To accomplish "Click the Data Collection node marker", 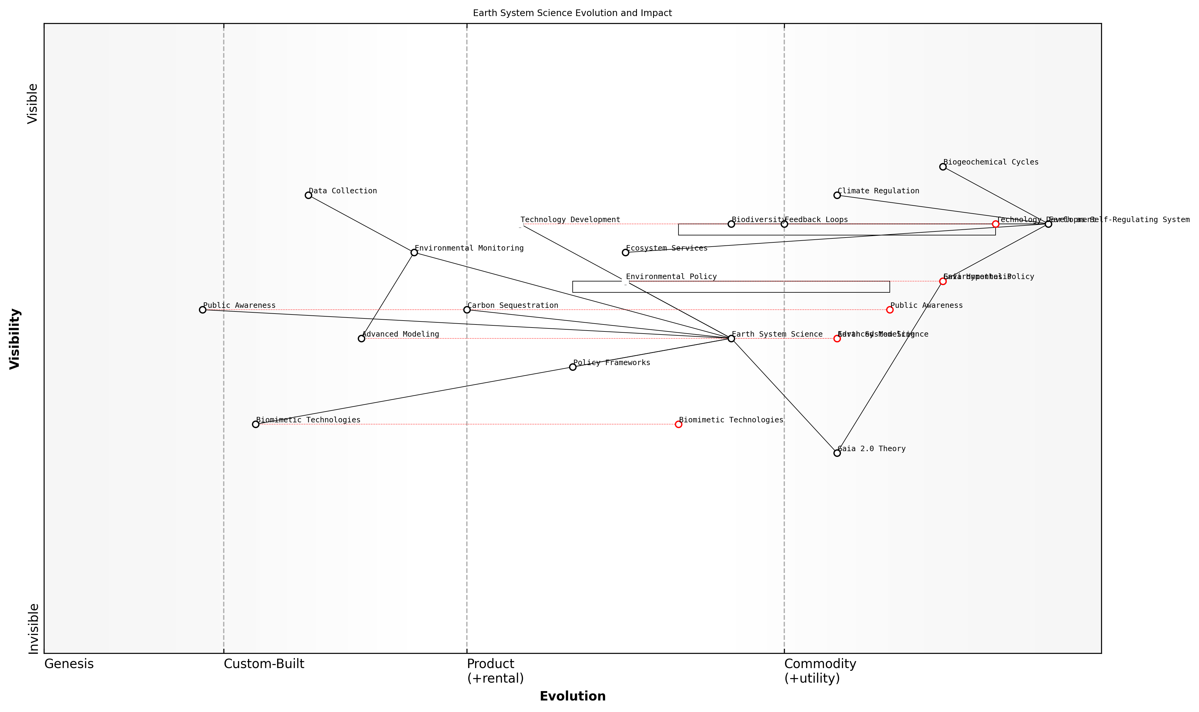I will coord(308,195).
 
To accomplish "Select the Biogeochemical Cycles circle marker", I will coord(943,166).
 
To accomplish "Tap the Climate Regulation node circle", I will coord(837,195).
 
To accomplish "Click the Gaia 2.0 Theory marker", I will coord(837,453).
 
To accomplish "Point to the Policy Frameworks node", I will coord(573,367).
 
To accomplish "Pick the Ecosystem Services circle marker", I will coord(625,252).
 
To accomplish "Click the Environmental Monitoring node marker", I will coord(414,252).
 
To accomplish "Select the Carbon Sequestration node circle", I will coord(467,310).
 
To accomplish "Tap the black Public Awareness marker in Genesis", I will coord(203,310).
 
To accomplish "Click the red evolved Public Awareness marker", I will coord(890,310).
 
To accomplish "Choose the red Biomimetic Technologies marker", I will coord(678,424).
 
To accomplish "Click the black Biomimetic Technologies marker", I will coord(255,424).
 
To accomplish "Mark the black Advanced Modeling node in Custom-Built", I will coord(361,339).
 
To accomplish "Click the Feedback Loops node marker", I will coord(784,224).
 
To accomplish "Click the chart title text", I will coord(572,13).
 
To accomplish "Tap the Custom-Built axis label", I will coord(264,664).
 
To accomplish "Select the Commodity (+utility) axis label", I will coord(820,671).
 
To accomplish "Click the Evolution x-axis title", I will coord(572,696).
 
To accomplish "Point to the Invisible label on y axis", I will coord(33,628).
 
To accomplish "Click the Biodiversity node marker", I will coord(731,224).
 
